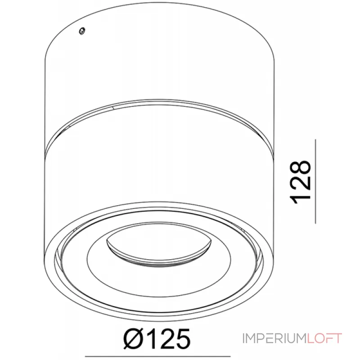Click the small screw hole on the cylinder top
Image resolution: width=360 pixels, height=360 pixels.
(x=81, y=31)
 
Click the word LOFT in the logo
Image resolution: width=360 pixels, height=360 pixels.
(x=325, y=338)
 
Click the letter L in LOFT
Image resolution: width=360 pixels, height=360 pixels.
(x=311, y=338)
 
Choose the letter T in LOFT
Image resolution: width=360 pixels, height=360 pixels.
(x=338, y=338)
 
